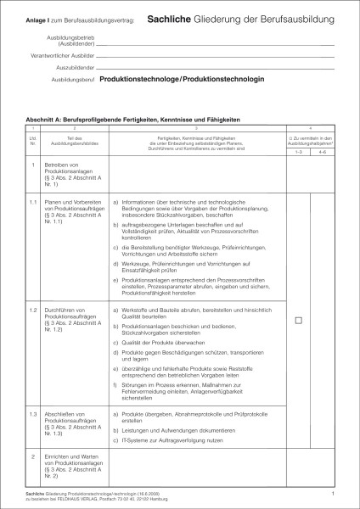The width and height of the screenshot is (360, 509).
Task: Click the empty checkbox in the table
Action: pyautogui.click(x=298, y=320)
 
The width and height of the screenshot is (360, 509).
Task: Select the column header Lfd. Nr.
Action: pyautogui.click(x=33, y=140)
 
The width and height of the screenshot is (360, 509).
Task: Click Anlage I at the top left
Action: pyautogui.click(x=37, y=19)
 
